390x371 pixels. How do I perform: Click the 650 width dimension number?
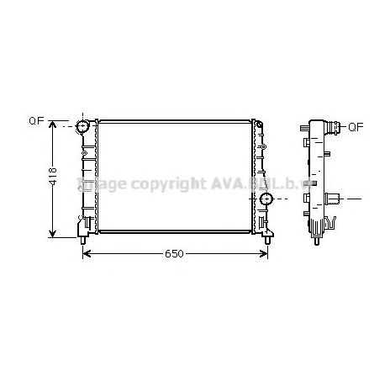coord(174,252)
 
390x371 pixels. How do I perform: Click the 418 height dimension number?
coord(53,177)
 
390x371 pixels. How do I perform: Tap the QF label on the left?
coord(36,121)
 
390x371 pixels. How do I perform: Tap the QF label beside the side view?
coord(355,128)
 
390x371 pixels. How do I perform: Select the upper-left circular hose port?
coord(83,127)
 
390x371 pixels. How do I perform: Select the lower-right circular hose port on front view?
coord(266,199)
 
